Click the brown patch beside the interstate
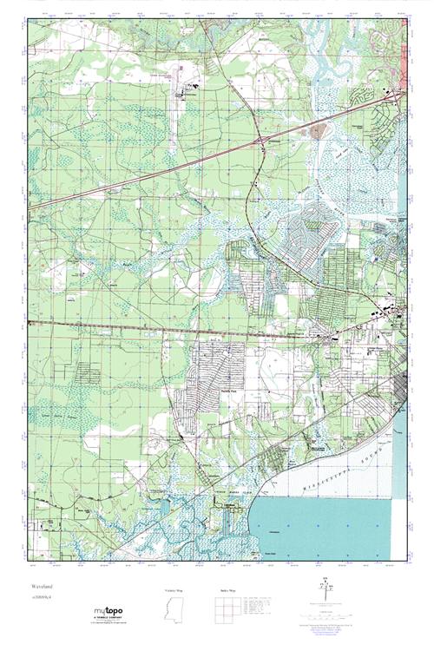[318, 131]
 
